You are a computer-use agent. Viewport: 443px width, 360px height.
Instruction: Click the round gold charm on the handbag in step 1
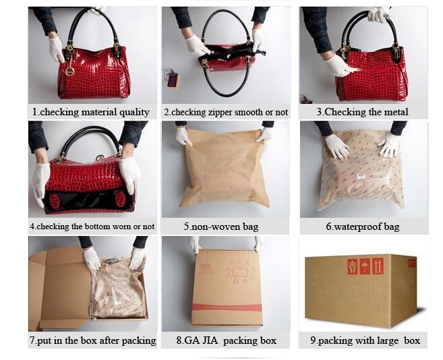coord(69,71)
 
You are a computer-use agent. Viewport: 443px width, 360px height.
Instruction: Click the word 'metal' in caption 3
coord(396,112)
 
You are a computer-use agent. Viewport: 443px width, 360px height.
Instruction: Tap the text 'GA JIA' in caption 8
coord(197,340)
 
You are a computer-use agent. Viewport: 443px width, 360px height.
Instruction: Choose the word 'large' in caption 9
coord(385,340)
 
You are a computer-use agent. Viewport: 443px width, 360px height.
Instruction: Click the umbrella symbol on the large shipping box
coord(365,266)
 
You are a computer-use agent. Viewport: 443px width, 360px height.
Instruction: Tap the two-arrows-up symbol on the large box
coord(378,266)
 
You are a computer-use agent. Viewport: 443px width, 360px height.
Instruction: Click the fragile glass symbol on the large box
coord(352,266)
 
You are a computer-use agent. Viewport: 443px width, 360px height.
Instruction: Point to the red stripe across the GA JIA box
coord(227,307)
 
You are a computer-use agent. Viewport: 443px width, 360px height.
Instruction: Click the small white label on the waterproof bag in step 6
coord(361,177)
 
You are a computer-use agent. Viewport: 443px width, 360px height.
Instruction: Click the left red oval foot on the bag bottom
coord(55,200)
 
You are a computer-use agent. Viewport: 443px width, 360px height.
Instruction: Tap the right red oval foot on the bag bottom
coord(120,199)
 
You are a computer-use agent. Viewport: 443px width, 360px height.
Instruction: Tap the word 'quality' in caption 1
coord(134,112)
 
